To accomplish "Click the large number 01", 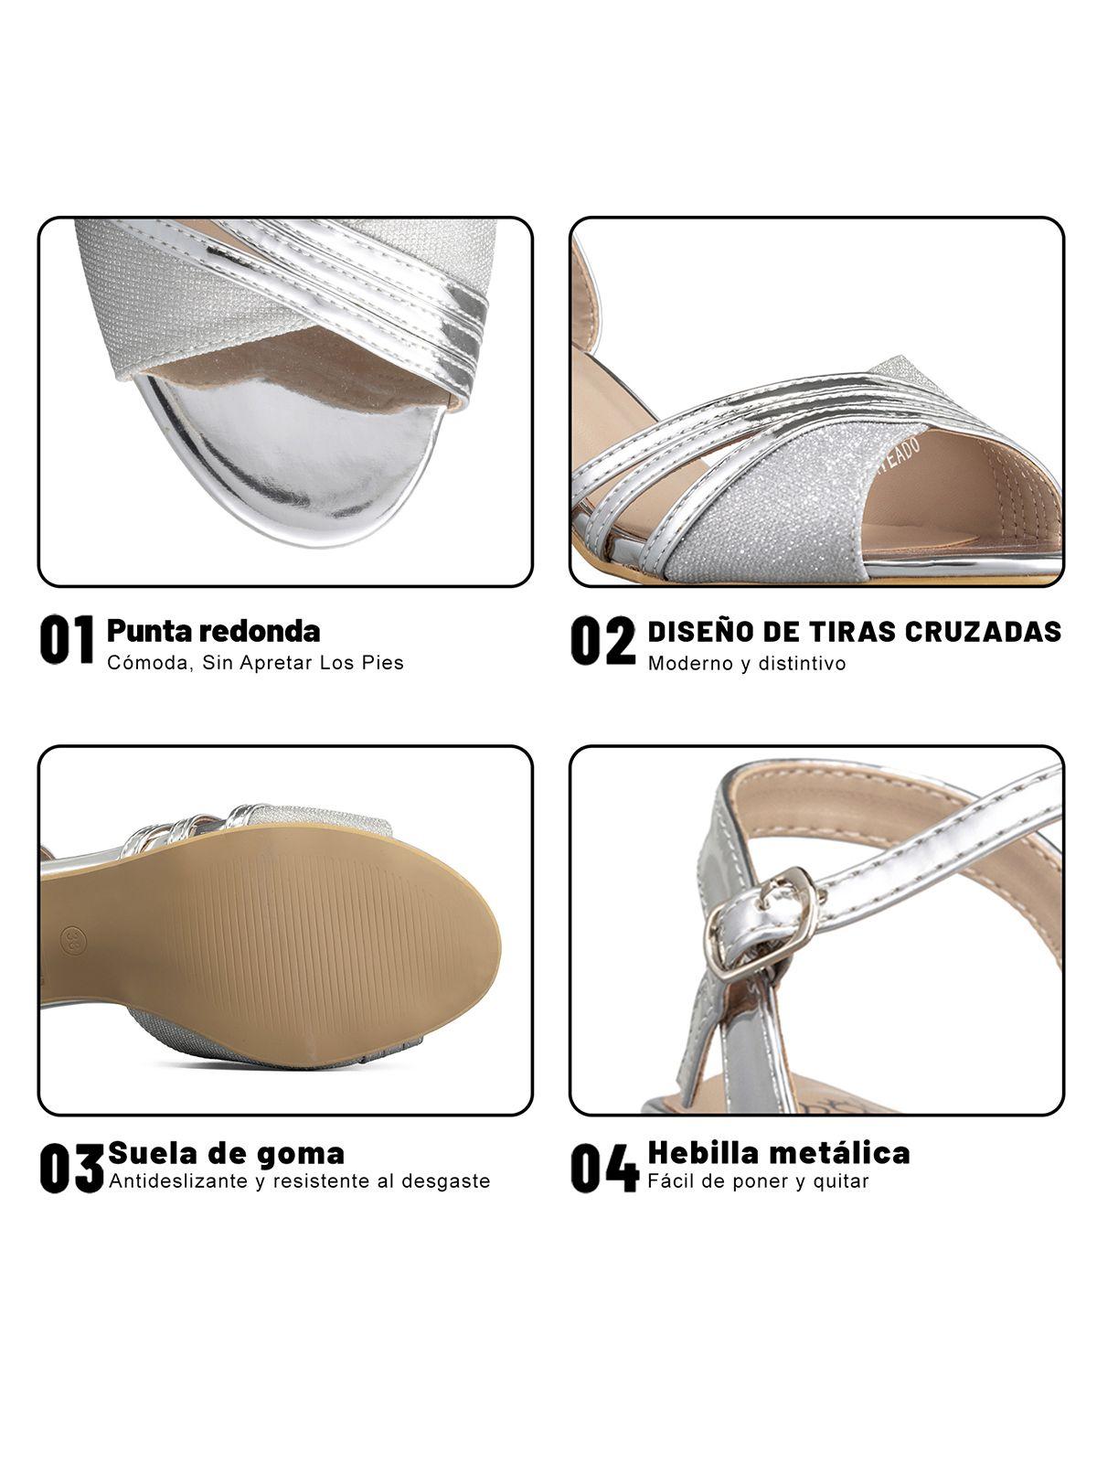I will (x=68, y=639).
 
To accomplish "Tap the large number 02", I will (x=602, y=640).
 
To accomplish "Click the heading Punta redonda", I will (x=213, y=630).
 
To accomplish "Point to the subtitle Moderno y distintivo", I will (x=747, y=663).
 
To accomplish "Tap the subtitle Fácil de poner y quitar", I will (x=758, y=1180).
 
